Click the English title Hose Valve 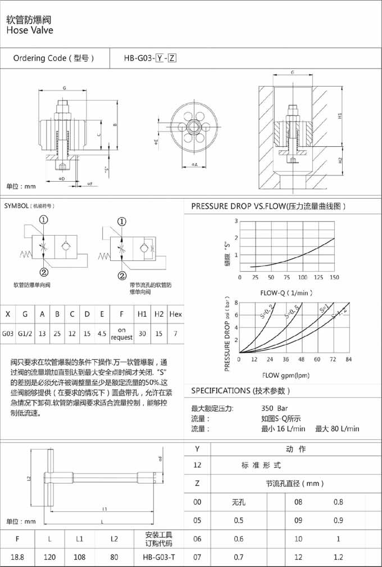[30, 30]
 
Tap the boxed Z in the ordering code [172, 58]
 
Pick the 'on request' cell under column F [121, 334]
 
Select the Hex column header [175, 313]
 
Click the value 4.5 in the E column [101, 334]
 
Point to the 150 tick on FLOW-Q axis [334, 277]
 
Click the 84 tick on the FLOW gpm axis [348, 359]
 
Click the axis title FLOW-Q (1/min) [286, 292]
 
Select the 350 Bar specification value [275, 408]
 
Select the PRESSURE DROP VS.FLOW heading [268, 206]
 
